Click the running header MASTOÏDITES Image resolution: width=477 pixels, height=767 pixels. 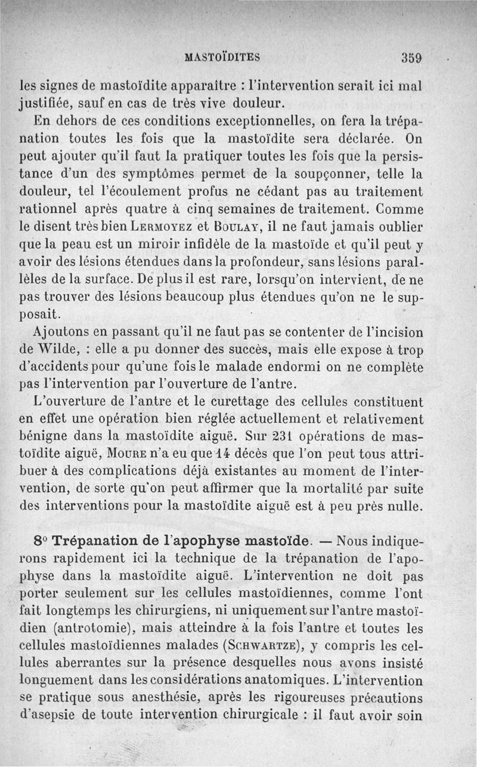click(x=223, y=57)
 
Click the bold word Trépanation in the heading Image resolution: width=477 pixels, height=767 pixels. click(x=95, y=542)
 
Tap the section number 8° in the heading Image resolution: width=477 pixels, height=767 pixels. click(x=41, y=542)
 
